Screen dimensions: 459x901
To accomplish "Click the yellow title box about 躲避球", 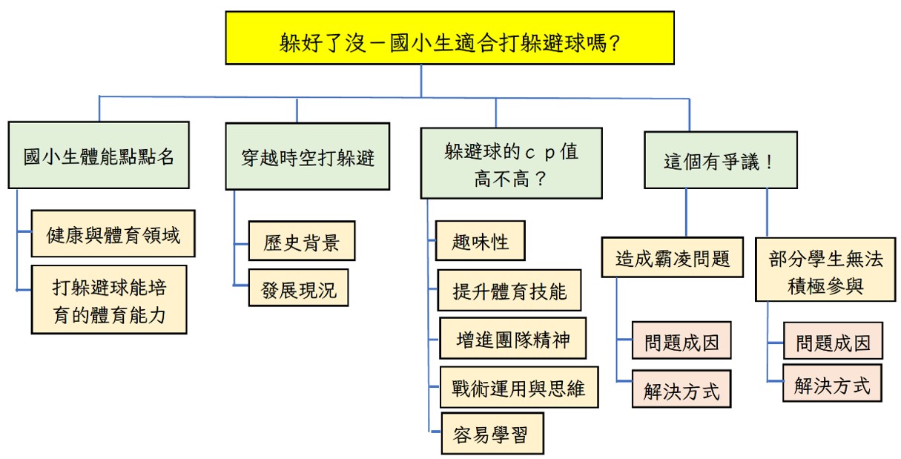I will point(450,38).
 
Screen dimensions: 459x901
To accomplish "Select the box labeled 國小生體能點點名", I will point(99,155).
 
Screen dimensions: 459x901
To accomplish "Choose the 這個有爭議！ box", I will point(720,160).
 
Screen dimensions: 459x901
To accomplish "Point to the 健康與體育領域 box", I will point(113,234).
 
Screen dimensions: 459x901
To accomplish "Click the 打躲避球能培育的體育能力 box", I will point(109,300).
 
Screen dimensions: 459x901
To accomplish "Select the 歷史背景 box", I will point(301,241).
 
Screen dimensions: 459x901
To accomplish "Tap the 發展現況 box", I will point(298,288).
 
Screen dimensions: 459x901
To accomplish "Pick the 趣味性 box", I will point(480,241).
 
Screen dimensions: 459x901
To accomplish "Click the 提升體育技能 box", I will point(509,291).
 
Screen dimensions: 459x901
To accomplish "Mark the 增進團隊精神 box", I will point(513,339).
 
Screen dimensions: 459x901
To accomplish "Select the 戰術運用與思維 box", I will point(518,387).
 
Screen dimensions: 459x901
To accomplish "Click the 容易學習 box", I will point(492,434).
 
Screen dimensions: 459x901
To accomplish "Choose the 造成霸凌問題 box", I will point(672,258).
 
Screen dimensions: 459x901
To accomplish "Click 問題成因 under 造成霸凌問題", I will point(681,343).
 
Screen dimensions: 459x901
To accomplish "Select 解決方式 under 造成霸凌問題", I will point(681,389).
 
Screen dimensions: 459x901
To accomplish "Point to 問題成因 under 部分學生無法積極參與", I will point(833,342).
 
